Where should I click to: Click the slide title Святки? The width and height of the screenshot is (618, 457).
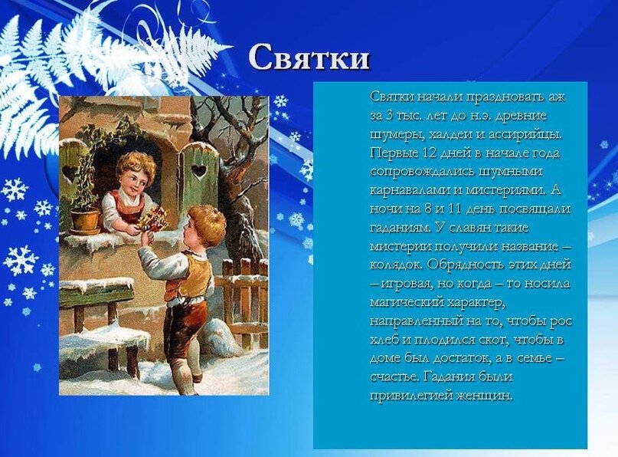tap(309, 58)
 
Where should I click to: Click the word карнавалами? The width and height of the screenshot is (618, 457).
tap(408, 190)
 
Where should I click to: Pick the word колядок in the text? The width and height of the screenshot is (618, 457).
tap(396, 265)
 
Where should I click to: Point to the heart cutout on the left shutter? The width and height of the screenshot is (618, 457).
tap(70, 172)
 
